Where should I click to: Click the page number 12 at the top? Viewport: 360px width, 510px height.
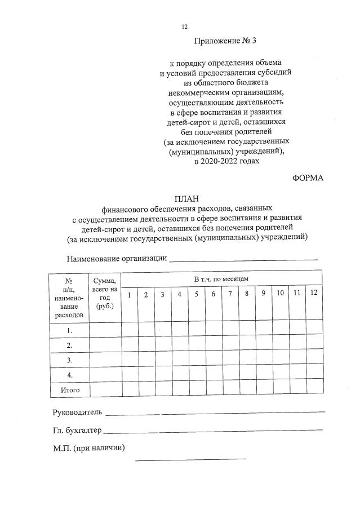tap(184, 26)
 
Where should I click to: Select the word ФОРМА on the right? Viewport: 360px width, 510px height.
tap(308, 178)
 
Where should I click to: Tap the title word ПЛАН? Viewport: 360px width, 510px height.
tap(186, 198)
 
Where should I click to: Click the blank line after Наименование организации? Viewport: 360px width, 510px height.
tap(243, 259)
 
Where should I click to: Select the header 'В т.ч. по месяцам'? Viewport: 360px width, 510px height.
tap(221, 279)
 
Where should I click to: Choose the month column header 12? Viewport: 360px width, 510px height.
tap(314, 293)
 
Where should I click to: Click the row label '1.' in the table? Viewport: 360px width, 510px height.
tap(69, 330)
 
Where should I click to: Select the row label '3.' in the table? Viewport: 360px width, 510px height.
tap(69, 360)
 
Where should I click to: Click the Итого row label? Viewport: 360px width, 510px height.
tap(69, 389)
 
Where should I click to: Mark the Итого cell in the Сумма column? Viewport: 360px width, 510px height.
tap(105, 389)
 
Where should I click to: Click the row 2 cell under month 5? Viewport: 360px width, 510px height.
tap(197, 345)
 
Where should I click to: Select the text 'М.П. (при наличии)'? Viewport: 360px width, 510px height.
tap(88, 449)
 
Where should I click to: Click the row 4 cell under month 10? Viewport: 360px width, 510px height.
tap(280, 374)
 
